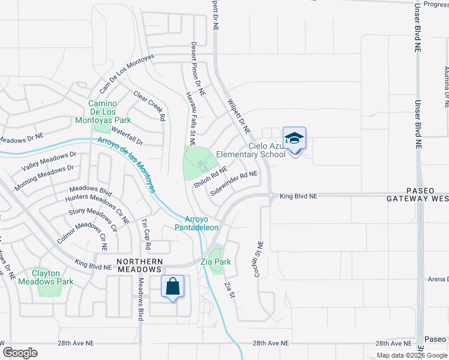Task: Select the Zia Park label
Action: coord(217,262)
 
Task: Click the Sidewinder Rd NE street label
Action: coord(234,184)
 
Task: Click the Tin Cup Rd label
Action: coord(145,234)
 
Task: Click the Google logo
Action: coord(20,352)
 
